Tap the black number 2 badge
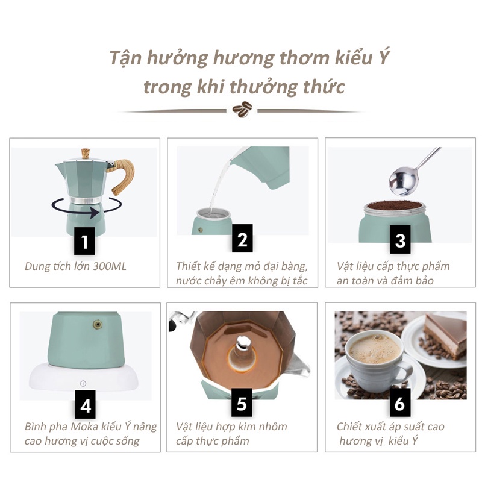pos(242,238)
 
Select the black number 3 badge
pos(400,239)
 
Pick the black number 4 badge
pos(85,404)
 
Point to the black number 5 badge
pos(242,402)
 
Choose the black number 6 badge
pos(400,402)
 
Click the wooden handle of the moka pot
pos(122,176)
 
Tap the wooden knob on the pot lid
pos(85,153)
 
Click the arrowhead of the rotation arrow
pos(95,213)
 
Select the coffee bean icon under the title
pos(242,109)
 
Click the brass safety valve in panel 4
pos(98,324)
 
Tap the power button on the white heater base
pos(83,383)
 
